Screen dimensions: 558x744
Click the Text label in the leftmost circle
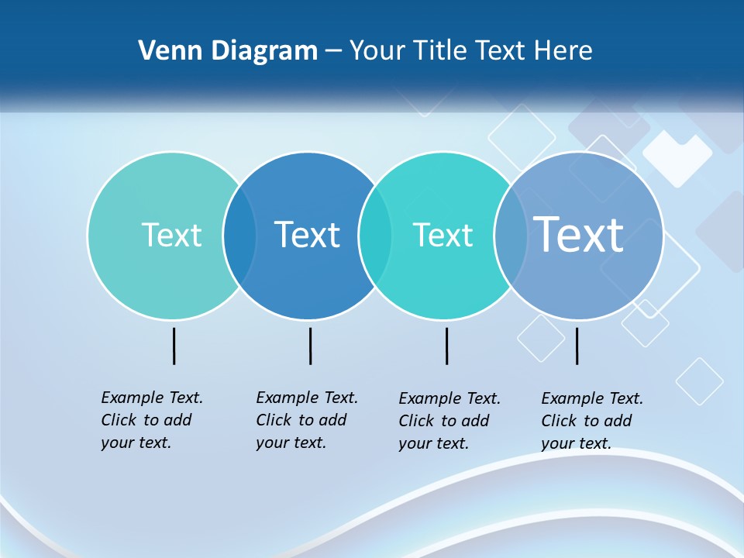click(171, 235)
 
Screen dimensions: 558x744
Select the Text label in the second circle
click(307, 235)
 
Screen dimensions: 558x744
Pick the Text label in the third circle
click(443, 235)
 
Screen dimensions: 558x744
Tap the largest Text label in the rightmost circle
click(579, 234)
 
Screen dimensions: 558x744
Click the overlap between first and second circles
click(239, 235)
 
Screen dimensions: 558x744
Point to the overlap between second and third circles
click(375, 235)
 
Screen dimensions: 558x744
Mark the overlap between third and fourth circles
click(511, 235)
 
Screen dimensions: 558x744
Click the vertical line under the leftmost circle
click(174, 346)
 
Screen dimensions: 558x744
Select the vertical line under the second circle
click(310, 346)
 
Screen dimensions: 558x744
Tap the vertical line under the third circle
click(446, 346)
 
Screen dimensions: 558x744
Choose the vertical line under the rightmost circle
click(577, 346)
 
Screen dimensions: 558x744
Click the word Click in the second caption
click(274, 420)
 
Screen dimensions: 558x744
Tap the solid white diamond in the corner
click(677, 158)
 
